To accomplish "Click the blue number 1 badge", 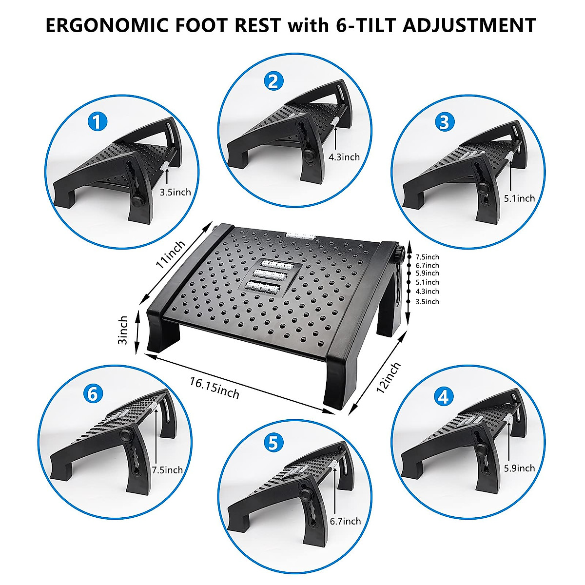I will point(98,121).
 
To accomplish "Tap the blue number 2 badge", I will point(273,81).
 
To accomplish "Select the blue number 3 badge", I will point(444,122).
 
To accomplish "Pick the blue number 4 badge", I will point(443,397).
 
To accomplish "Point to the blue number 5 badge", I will point(273,443).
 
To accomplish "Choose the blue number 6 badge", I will point(93,393).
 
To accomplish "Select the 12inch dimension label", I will point(389,378).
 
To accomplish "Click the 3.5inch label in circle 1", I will point(175,192).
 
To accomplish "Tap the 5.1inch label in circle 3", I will point(519,198).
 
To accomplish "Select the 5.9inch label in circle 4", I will point(519,468).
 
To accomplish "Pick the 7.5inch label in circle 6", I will point(167,470).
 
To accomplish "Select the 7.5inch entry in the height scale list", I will point(427,257).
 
